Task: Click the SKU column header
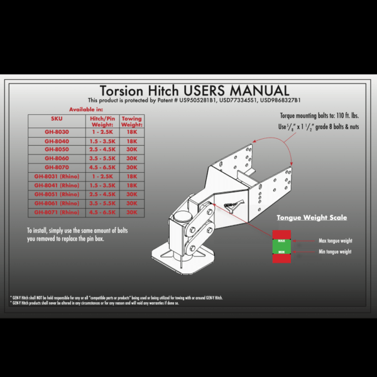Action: pos(55,118)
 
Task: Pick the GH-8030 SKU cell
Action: pos(55,132)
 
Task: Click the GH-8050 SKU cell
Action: pos(55,150)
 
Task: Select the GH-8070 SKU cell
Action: pos(55,168)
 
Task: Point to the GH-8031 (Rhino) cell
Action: pos(55,177)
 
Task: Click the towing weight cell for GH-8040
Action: pos(131,141)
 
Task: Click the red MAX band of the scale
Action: pos(281,241)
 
